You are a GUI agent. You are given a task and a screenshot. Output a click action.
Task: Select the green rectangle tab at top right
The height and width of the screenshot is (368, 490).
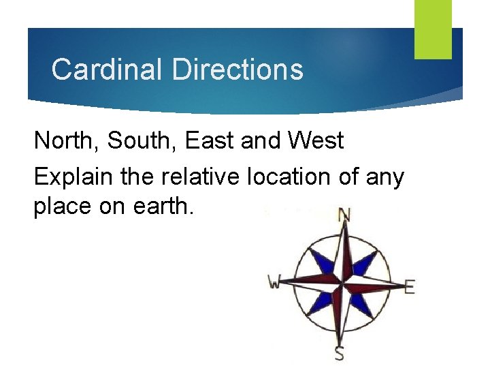(x=434, y=29)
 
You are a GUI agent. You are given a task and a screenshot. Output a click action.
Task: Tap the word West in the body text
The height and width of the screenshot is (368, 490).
(x=316, y=141)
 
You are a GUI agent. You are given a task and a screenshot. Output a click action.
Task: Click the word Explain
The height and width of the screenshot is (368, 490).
(x=72, y=177)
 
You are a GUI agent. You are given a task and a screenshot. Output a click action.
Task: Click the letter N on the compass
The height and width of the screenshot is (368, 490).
(x=345, y=215)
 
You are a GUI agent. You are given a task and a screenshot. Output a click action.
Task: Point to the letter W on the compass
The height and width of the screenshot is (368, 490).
(x=275, y=281)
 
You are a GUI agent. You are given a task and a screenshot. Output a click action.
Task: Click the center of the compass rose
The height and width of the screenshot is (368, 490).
(x=341, y=281)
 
